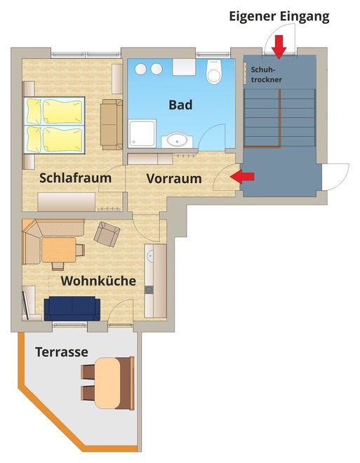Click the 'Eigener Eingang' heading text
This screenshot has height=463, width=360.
coord(279,17)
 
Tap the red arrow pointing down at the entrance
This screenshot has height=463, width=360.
coord(279,46)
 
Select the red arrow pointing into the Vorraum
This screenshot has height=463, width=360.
coord(242,177)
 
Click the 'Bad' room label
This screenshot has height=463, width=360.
coord(180,105)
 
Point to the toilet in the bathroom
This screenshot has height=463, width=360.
coord(214,72)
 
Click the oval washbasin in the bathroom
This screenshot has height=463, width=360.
coord(177,140)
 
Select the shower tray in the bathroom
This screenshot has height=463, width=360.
coord(142,133)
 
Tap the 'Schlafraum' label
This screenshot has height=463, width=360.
coord(75,178)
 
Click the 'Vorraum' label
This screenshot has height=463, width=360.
coord(174,178)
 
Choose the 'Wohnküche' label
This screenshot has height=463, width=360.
coord(98,281)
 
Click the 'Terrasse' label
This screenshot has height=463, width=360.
coord(62,351)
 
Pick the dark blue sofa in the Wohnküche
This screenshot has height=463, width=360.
coord(72,309)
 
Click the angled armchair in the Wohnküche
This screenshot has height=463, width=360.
coord(107,234)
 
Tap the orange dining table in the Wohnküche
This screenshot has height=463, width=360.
coord(59,250)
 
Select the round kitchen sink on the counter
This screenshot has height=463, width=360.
coord(150,255)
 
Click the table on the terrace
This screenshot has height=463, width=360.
coord(108,383)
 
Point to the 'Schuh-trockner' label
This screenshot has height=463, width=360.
coord(266,74)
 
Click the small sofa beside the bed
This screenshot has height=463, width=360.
coord(112,125)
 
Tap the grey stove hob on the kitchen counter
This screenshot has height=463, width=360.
coord(149,290)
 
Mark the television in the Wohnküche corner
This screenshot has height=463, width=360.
coord(26,305)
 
